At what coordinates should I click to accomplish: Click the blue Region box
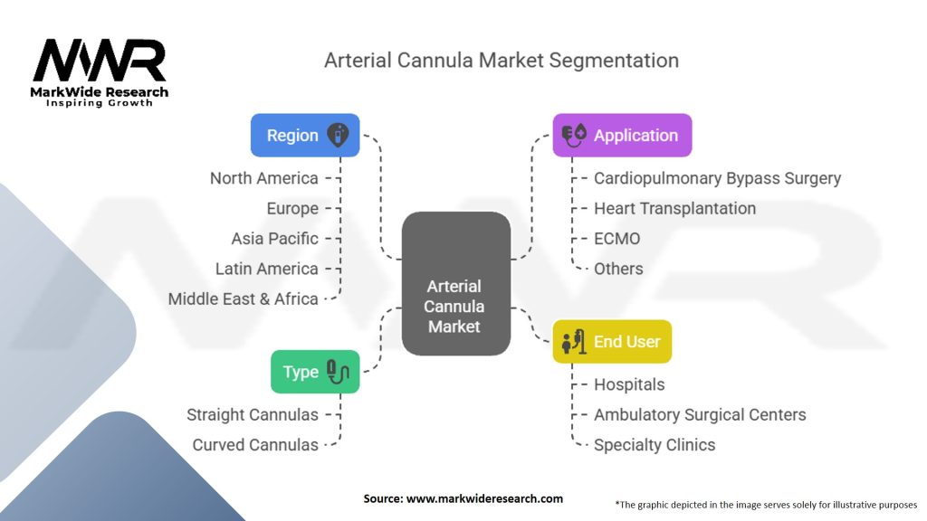tap(304, 135)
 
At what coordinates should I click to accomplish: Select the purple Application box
tap(622, 135)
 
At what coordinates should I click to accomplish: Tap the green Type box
tap(315, 371)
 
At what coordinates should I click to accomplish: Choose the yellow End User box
tap(612, 341)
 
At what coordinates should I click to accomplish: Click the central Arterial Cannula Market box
tap(454, 306)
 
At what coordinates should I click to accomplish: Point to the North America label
tap(263, 178)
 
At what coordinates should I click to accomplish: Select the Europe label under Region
tap(292, 208)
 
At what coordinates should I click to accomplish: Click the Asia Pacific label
tap(274, 238)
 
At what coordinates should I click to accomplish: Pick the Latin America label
tap(266, 269)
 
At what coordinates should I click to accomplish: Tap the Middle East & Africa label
tap(243, 298)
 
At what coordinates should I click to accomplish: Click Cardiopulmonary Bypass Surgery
tap(717, 178)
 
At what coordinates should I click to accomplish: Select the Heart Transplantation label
tap(674, 208)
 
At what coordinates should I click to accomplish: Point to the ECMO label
tap(616, 238)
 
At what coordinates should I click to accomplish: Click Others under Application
tap(618, 269)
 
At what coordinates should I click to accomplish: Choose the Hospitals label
tap(629, 384)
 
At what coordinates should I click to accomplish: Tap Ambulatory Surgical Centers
tap(700, 414)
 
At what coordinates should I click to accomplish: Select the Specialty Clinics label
tap(655, 445)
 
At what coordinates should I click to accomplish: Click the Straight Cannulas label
tap(253, 414)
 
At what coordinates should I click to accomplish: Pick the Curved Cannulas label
tap(255, 445)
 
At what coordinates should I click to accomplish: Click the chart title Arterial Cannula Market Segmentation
tap(502, 61)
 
